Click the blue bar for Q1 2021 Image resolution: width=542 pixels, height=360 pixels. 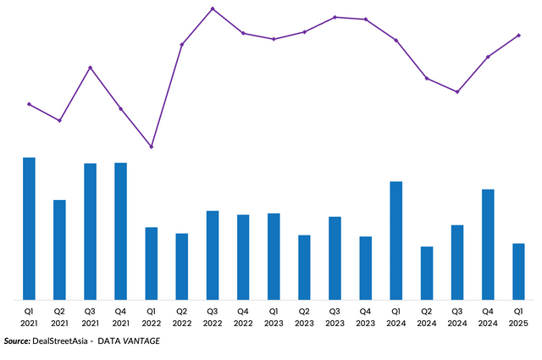[29, 229]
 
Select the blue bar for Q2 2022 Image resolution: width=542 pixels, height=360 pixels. [182, 266]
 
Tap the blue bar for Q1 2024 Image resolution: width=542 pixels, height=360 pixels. [395, 241]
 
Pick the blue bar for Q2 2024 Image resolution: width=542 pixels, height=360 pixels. [427, 273]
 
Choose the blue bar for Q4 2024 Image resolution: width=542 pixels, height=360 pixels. [488, 244]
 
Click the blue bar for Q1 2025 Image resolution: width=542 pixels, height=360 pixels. [518, 271]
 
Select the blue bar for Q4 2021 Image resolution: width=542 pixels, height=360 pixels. [120, 231]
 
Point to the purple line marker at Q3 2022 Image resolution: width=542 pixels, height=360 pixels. [213, 8]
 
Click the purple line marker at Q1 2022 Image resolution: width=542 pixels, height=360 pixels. [152, 147]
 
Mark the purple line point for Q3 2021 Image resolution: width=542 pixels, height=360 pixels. [91, 67]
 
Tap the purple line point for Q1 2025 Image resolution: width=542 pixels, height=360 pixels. [518, 35]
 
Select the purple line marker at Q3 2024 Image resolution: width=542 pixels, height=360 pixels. [457, 91]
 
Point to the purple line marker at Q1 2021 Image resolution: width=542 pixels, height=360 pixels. [29, 104]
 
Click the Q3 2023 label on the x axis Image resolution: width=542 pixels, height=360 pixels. [335, 318]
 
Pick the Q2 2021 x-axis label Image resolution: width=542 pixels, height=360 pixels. [59, 318]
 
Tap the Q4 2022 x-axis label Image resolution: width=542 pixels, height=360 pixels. [243, 318]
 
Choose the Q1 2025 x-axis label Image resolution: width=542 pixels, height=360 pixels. [518, 318]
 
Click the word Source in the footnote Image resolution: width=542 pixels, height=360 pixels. [16, 341]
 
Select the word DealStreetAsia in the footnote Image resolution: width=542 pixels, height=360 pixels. [60, 341]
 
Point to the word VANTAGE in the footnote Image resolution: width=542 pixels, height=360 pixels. [141, 341]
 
